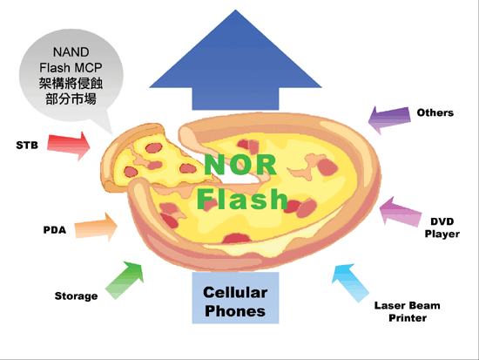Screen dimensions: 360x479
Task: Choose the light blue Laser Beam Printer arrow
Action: click(x=352, y=280)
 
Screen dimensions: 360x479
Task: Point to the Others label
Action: click(x=435, y=112)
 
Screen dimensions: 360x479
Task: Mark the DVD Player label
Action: click(x=442, y=228)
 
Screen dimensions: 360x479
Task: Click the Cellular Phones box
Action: click(x=235, y=302)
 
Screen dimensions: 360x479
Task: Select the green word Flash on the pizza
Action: click(x=241, y=197)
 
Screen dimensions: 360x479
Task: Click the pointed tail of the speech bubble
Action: click(x=111, y=129)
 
